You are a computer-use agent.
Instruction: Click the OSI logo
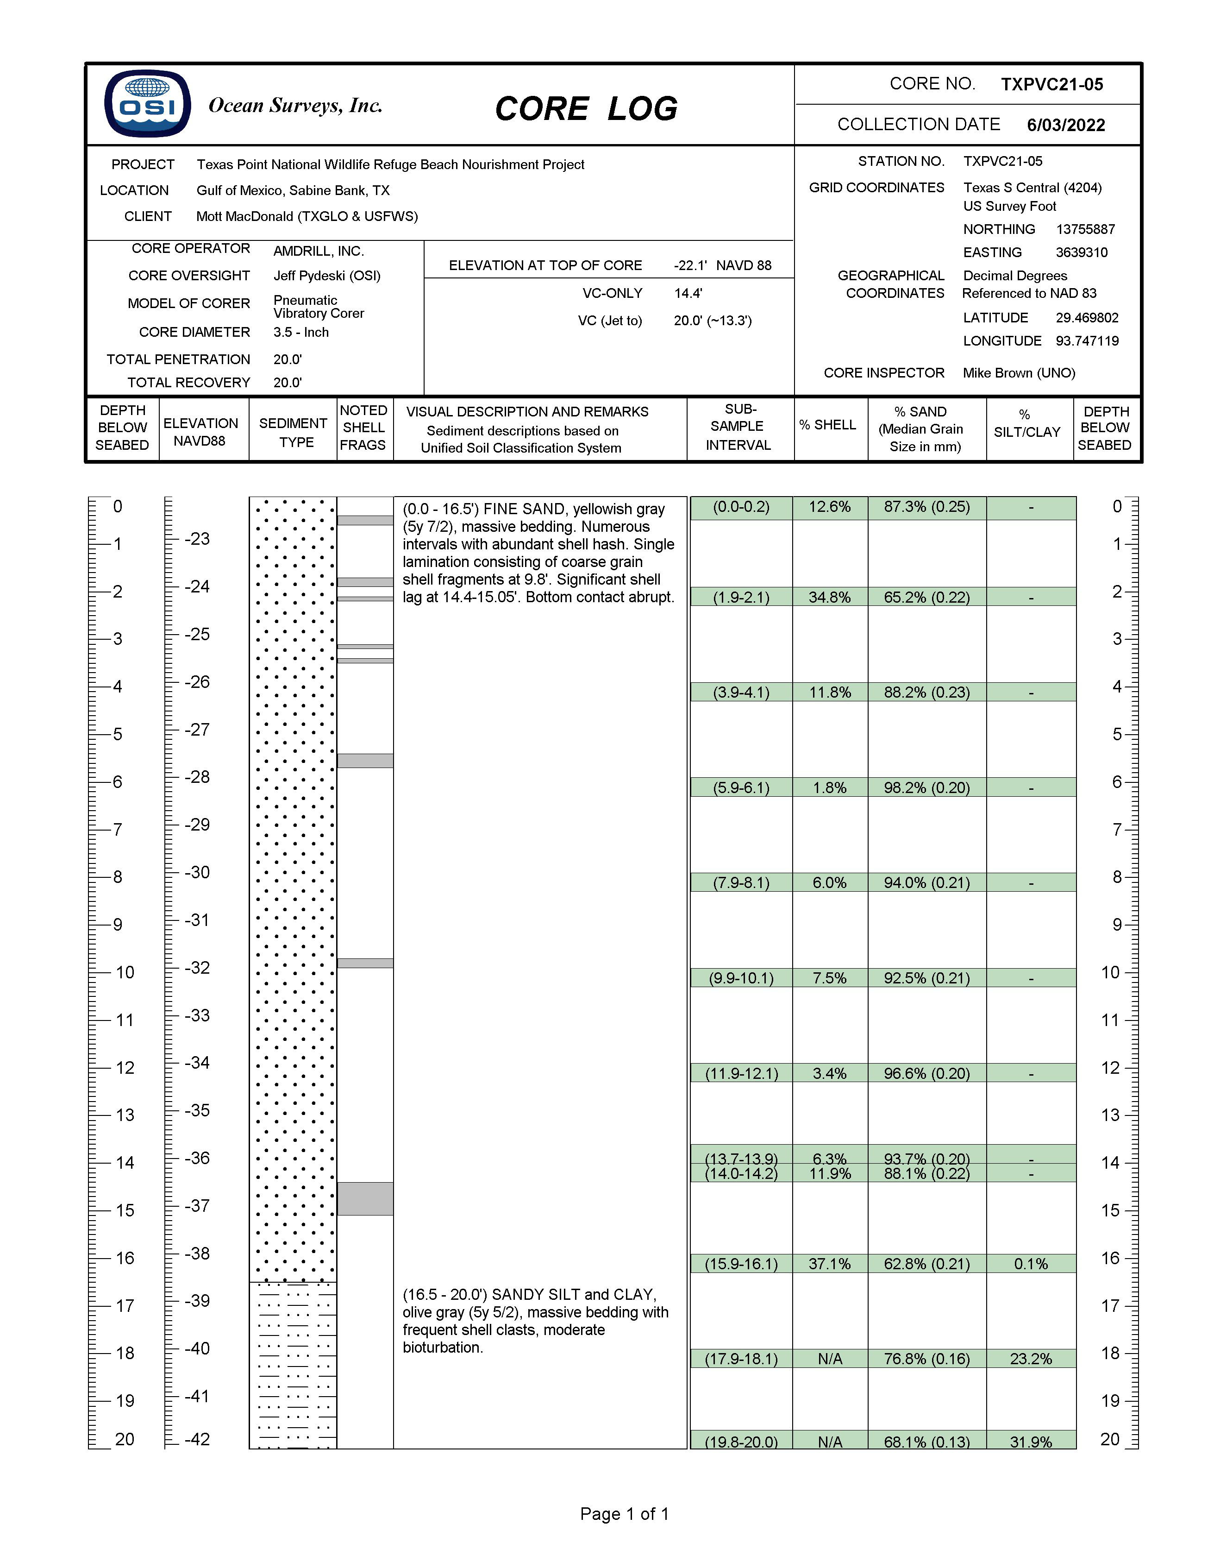(x=147, y=104)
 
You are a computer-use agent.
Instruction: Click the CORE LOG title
(x=586, y=109)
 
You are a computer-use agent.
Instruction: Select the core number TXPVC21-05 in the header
(x=1051, y=84)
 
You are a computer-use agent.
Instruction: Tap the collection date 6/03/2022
(x=1065, y=125)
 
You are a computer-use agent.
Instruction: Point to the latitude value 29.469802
(x=1087, y=318)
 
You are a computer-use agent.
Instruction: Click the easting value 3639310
(x=1081, y=252)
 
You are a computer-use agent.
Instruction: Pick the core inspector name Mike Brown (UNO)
(x=1019, y=372)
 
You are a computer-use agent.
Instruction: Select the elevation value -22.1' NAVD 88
(x=722, y=265)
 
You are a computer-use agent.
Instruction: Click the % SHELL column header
(x=827, y=425)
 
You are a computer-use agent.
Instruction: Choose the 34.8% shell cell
(x=829, y=597)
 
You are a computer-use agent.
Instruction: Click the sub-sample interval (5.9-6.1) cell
(x=741, y=787)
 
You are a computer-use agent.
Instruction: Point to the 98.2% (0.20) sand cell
(x=926, y=787)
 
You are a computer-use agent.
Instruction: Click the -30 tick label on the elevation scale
(x=197, y=873)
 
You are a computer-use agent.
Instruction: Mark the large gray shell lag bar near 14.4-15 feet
(x=365, y=1198)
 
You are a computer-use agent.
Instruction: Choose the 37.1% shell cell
(x=829, y=1264)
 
